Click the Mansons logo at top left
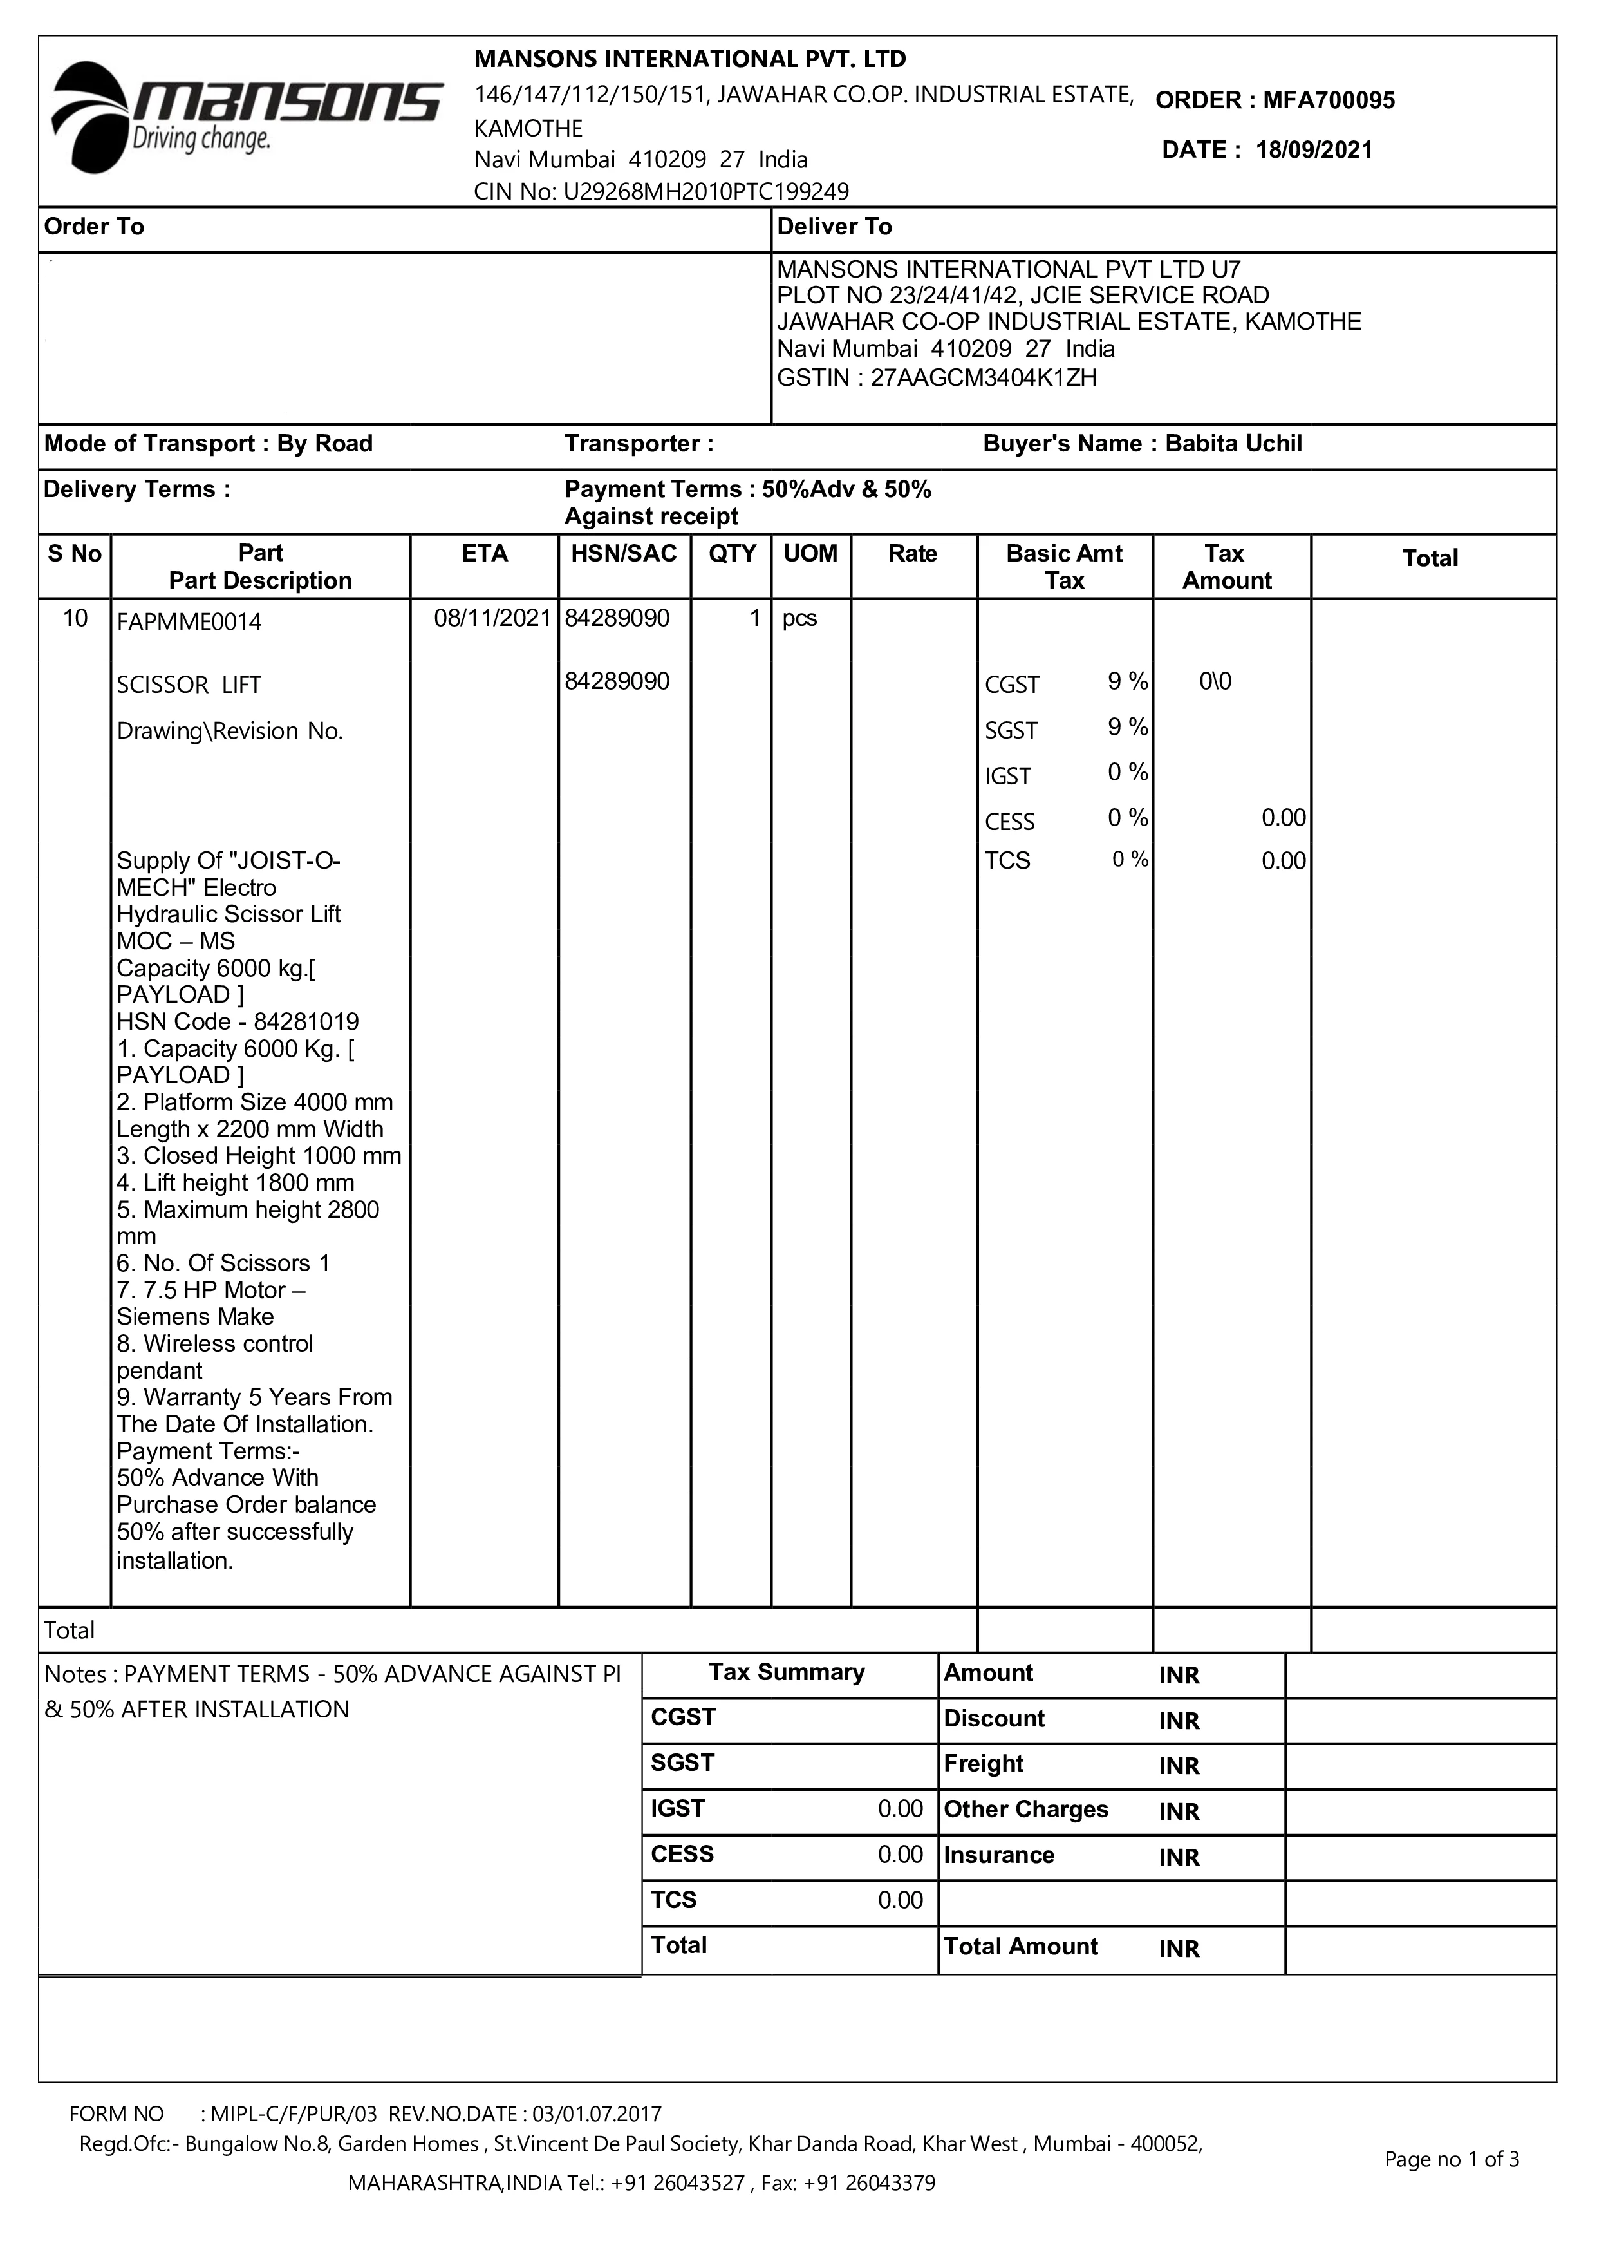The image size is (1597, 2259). coord(246,116)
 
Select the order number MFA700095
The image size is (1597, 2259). coord(1329,100)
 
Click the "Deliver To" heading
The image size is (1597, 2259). coord(834,227)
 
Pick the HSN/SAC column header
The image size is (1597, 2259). coord(624,554)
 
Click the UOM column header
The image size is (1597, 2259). coord(810,554)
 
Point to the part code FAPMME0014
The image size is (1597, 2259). coord(189,622)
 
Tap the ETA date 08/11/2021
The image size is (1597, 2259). coord(492,618)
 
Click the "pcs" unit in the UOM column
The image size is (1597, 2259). coord(799,619)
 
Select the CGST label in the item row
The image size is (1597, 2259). coord(1012,685)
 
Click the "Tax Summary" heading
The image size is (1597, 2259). coord(787,1672)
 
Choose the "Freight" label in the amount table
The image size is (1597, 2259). coord(984,1764)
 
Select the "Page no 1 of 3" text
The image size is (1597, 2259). coord(1452,2160)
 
